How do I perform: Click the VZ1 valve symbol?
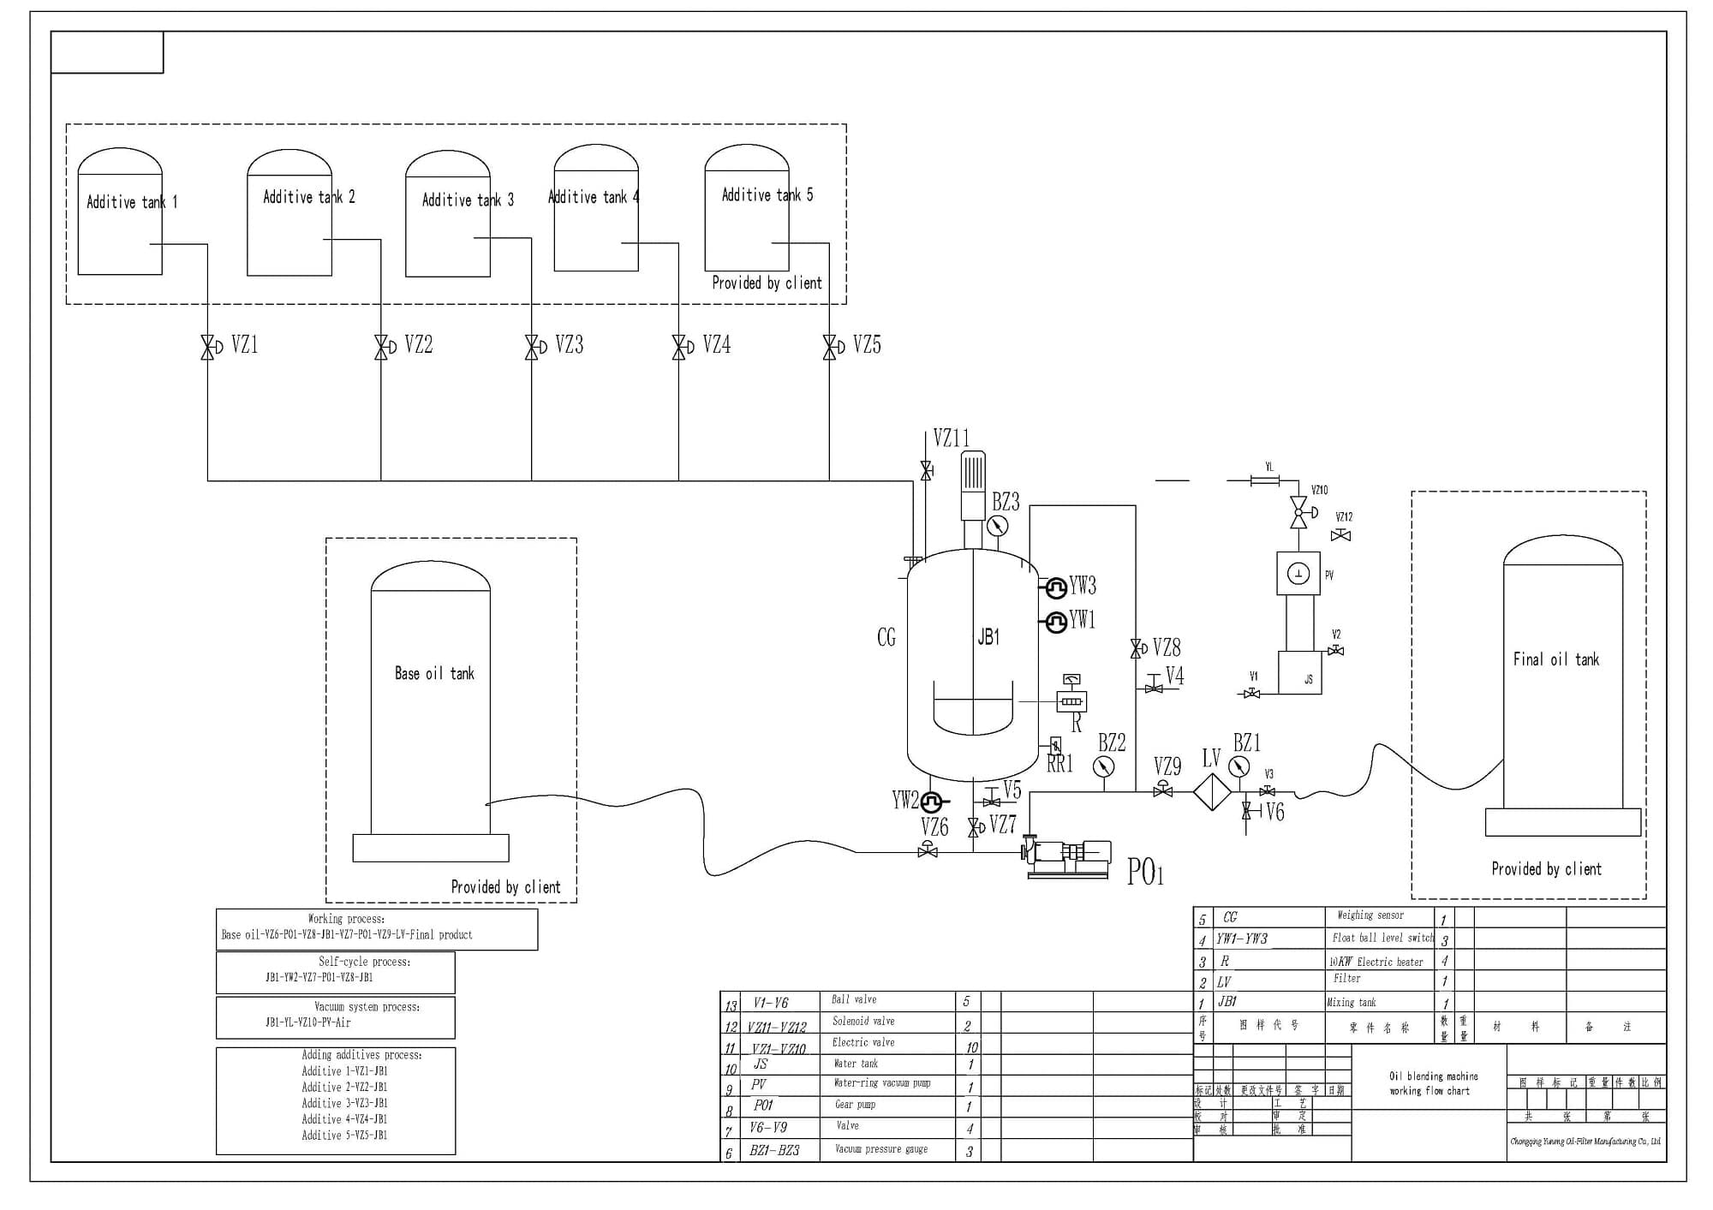[207, 347]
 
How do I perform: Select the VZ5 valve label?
[867, 345]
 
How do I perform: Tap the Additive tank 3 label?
[468, 200]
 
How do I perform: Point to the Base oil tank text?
[434, 674]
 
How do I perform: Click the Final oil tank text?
[1555, 659]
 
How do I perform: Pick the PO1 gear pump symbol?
[1069, 853]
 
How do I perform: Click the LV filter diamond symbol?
[1212, 792]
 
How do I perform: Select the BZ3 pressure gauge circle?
[998, 526]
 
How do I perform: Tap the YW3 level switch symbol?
[1056, 587]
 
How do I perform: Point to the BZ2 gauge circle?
[1104, 766]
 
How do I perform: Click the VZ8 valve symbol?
[1137, 649]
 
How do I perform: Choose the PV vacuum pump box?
[1298, 574]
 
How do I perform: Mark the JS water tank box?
[1300, 673]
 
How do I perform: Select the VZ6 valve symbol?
[928, 851]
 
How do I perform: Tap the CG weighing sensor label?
[886, 637]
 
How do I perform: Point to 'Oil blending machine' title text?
[1433, 1076]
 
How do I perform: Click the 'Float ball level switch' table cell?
[1382, 938]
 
